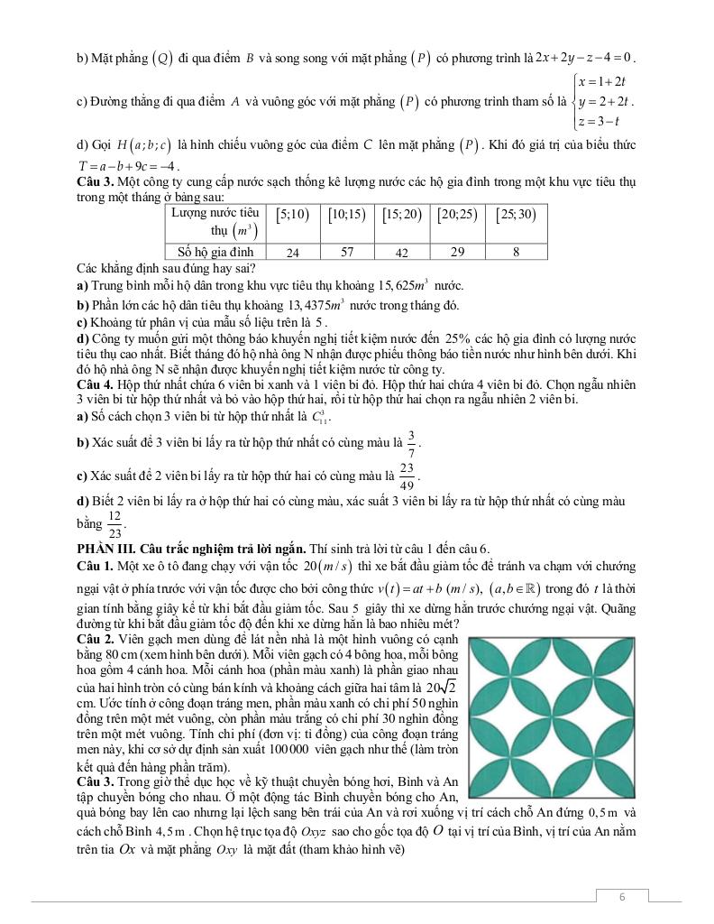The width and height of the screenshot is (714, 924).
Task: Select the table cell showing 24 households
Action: [293, 253]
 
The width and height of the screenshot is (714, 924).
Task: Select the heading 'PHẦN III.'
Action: [106, 548]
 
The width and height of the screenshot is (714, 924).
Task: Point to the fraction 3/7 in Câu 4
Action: [411, 441]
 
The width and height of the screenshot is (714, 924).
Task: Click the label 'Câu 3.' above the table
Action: [95, 183]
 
